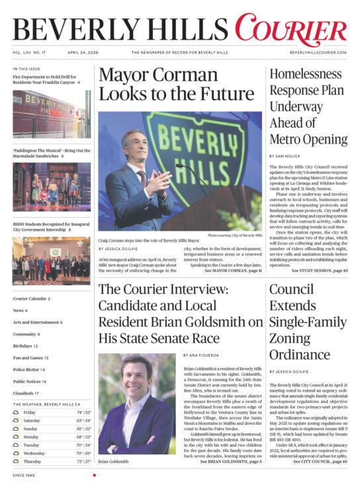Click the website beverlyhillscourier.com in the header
pos(318,52)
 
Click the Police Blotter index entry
pos(29,369)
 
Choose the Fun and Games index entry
pos(30,357)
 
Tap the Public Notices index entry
pos(30,381)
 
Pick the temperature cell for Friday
pos(83,412)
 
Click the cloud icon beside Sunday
pos(16,428)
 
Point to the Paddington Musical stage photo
pos(51,187)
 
